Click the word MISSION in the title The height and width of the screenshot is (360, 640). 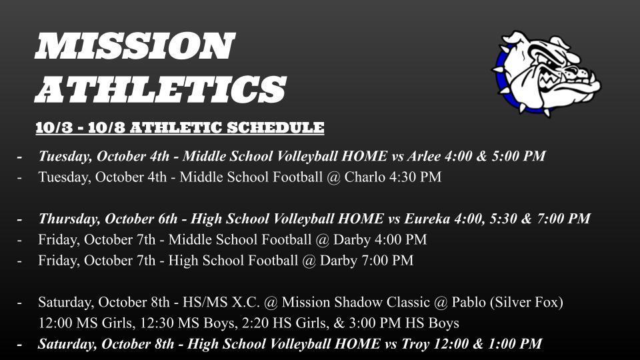point(135,46)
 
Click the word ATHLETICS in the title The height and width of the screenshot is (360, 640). point(161,89)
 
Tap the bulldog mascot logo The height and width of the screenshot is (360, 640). point(546,73)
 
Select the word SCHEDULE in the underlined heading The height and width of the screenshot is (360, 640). point(275,127)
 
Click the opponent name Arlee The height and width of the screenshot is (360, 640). point(424,156)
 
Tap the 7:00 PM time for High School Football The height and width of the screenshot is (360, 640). point(387,261)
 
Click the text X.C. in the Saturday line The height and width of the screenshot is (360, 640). point(246,302)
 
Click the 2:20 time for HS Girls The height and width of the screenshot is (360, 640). point(255,323)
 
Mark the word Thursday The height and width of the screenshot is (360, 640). point(70,219)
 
